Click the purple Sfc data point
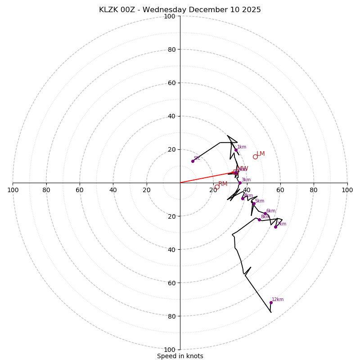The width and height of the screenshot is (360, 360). (x=193, y=161)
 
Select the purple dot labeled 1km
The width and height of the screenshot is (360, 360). (x=236, y=150)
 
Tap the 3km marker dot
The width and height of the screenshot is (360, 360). (x=240, y=183)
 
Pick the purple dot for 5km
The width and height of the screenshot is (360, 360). (x=254, y=204)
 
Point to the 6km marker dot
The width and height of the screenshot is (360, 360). (x=265, y=214)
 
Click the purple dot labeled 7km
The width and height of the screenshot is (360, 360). (x=276, y=227)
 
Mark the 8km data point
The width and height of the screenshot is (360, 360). (x=259, y=220)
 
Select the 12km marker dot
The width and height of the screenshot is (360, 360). (x=271, y=302)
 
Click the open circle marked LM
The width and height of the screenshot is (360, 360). (x=255, y=157)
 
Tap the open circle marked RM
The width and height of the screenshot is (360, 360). (x=217, y=187)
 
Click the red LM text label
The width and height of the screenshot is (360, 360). (x=261, y=154)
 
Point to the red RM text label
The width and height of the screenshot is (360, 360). (x=223, y=184)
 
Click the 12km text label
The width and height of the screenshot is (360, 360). (x=278, y=300)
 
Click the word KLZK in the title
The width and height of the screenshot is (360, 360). (x=109, y=10)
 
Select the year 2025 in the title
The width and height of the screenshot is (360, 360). (x=252, y=10)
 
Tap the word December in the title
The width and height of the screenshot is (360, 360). (x=208, y=10)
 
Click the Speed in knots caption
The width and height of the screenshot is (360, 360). (x=180, y=356)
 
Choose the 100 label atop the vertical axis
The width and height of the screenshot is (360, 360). (x=170, y=16)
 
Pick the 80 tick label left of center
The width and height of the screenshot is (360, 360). (x=46, y=190)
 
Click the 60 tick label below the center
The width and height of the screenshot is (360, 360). (x=170, y=283)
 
